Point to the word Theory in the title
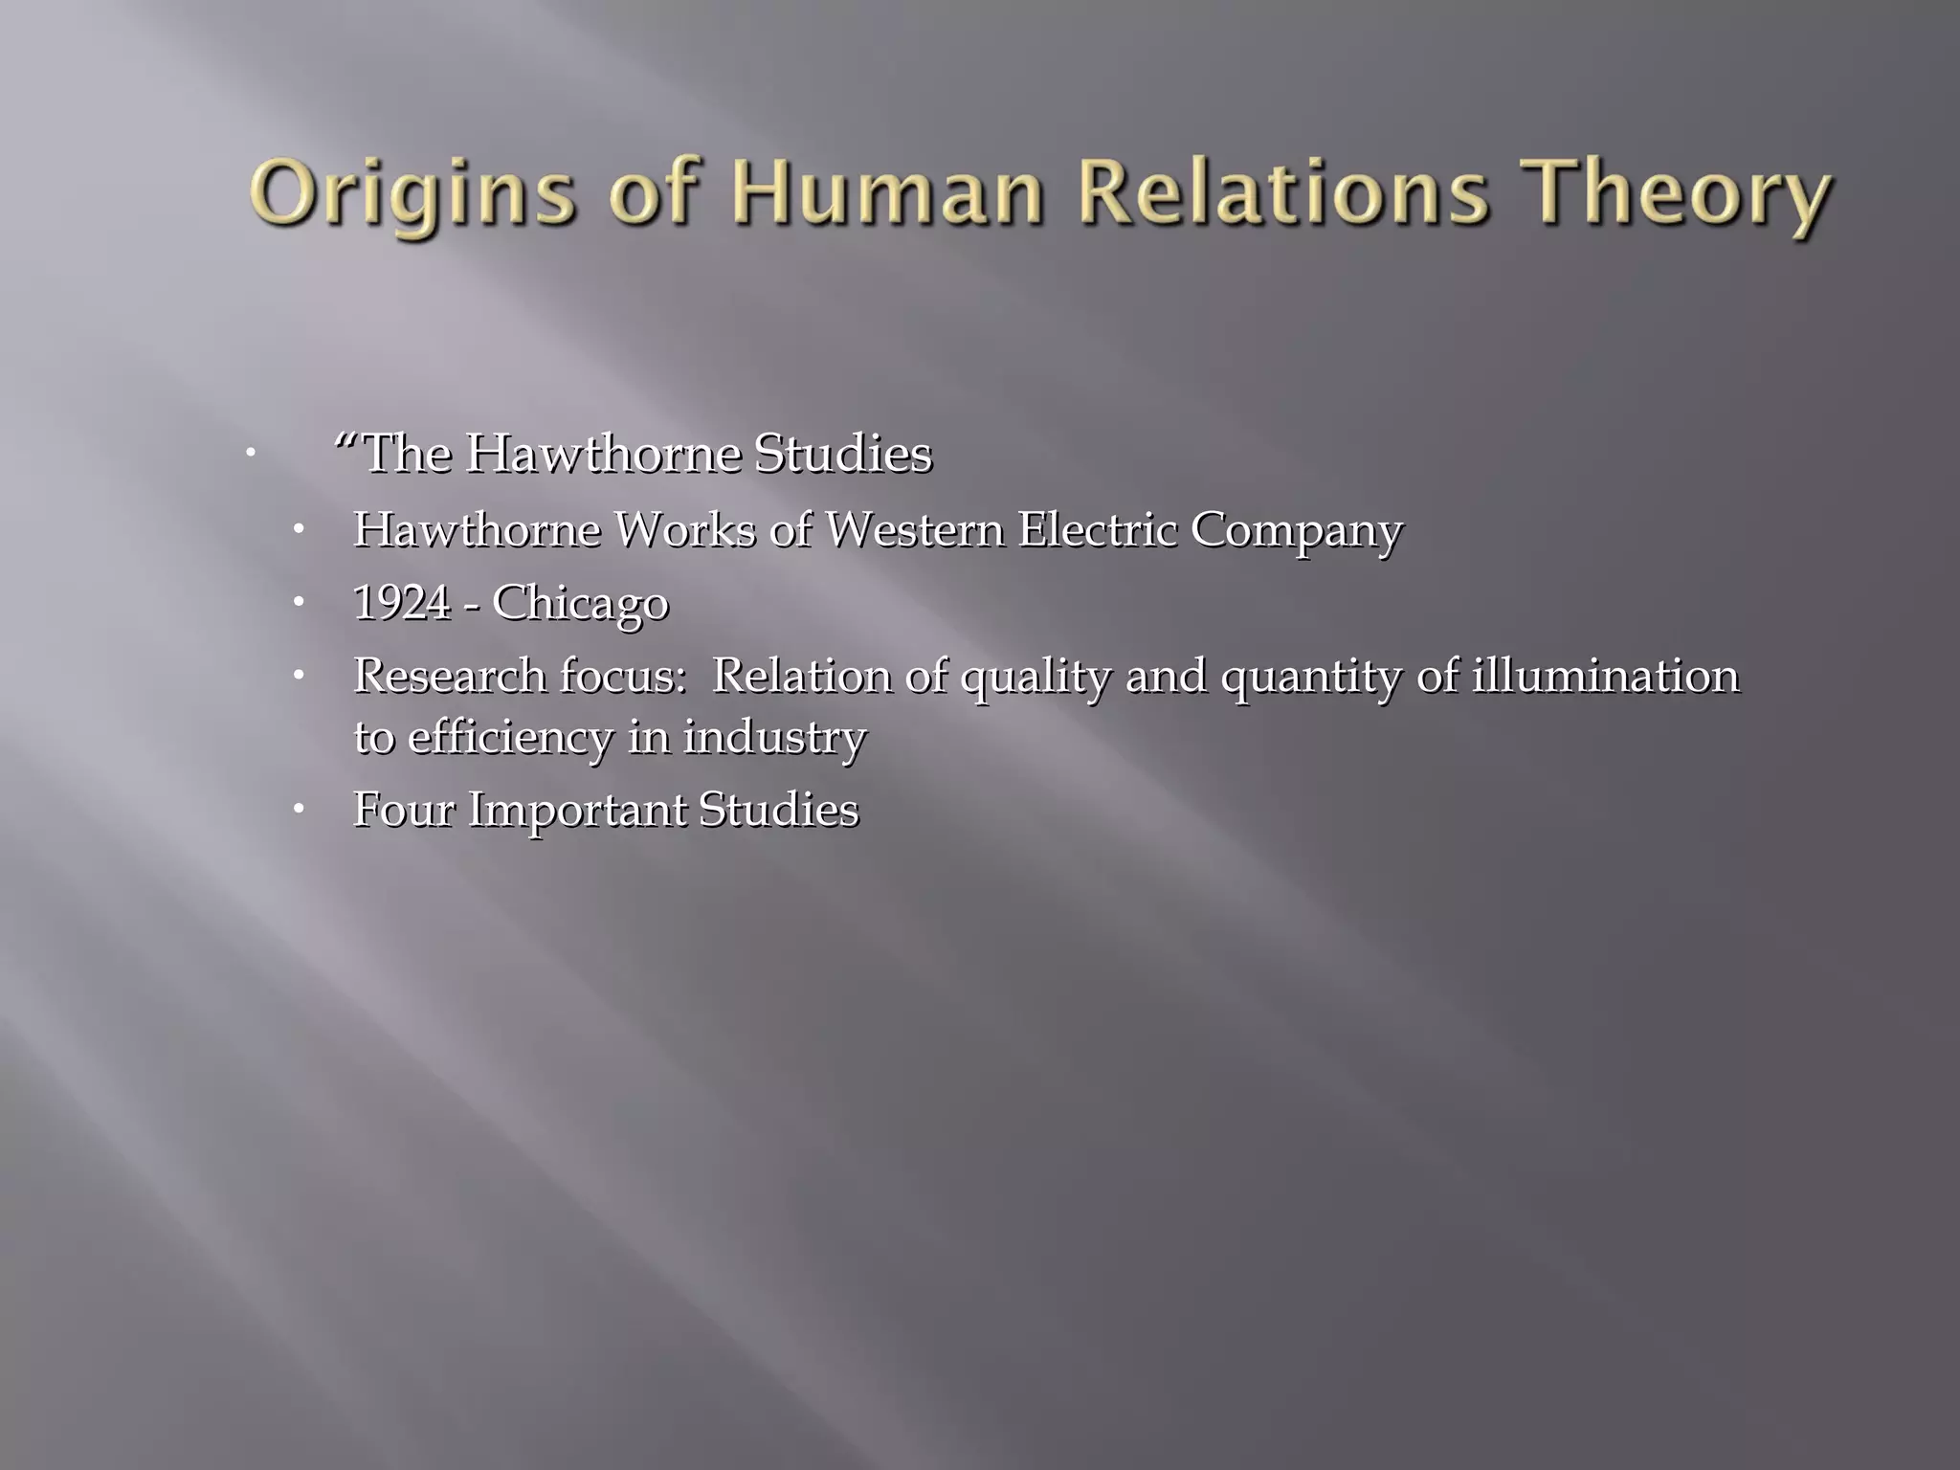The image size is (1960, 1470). coord(1684,194)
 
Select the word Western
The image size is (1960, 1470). coord(914,529)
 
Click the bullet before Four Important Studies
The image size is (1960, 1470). coord(299,810)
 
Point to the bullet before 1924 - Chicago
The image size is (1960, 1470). coord(299,603)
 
